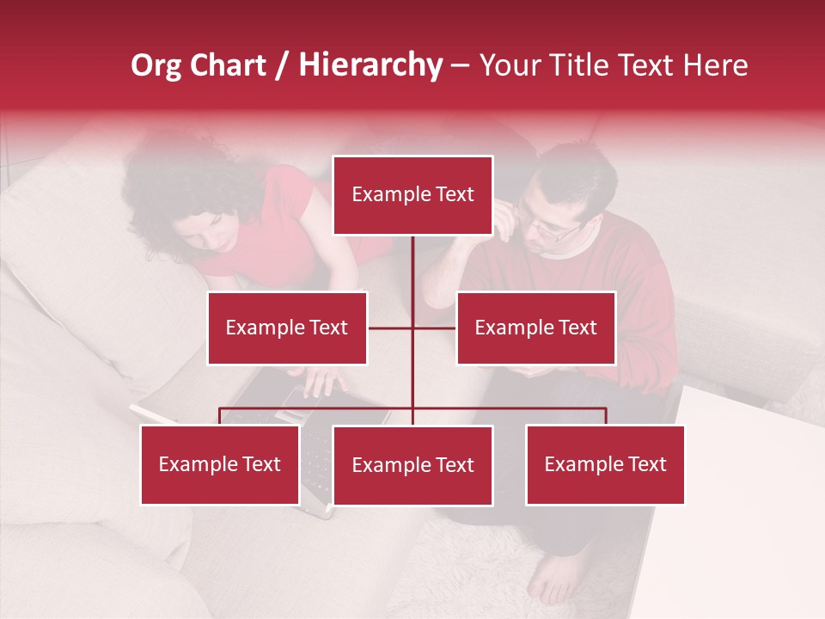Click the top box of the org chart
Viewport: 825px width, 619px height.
tap(412, 195)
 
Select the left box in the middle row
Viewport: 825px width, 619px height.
tap(287, 328)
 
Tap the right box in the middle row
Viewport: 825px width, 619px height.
tap(535, 328)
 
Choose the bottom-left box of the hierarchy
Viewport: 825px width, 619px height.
tap(220, 465)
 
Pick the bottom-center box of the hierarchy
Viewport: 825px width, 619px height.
tap(412, 466)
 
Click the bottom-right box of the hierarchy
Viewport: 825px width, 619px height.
tap(605, 465)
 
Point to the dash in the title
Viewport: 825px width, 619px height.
tap(460, 66)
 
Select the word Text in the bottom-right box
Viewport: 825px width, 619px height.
tap(645, 465)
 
